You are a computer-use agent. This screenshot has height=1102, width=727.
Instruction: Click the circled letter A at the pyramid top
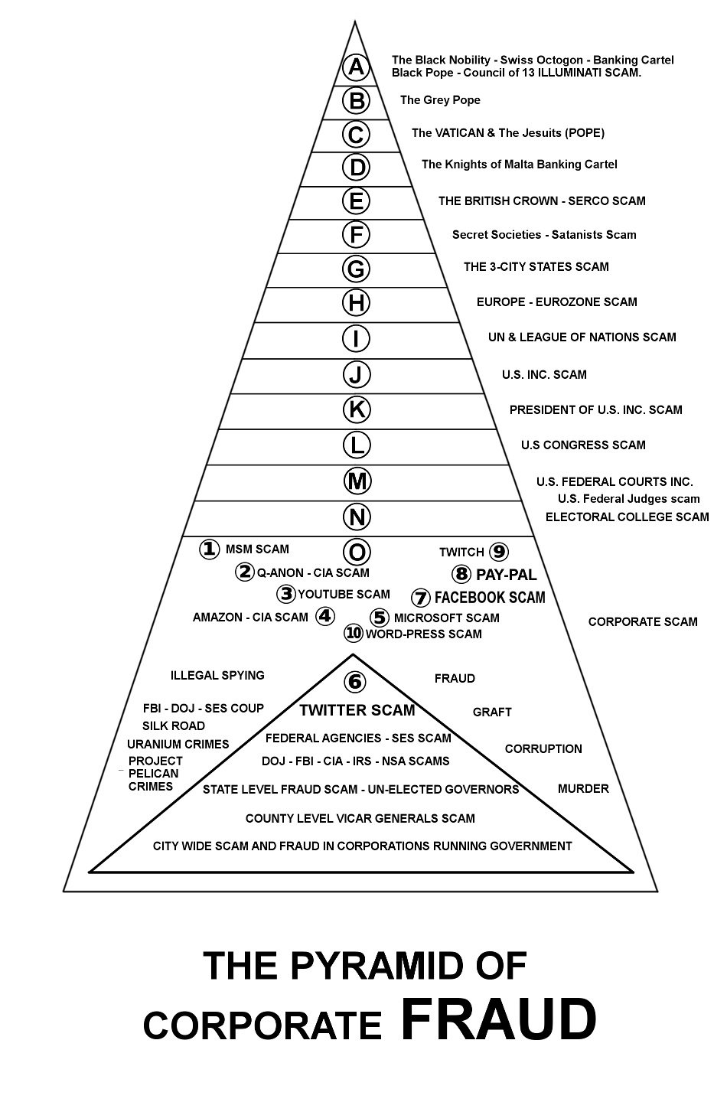pyautogui.click(x=356, y=67)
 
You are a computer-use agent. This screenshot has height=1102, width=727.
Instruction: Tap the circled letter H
pyautogui.click(x=356, y=303)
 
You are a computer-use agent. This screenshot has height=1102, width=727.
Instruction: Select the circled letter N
pyautogui.click(x=357, y=517)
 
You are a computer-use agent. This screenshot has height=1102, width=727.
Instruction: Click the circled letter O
pyautogui.click(x=357, y=552)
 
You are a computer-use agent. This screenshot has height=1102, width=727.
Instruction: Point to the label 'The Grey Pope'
pyautogui.click(x=440, y=100)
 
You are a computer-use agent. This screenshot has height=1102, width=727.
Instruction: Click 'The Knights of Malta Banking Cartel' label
pyautogui.click(x=519, y=165)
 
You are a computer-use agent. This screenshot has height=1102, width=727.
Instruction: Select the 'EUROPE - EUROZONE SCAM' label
pyautogui.click(x=556, y=302)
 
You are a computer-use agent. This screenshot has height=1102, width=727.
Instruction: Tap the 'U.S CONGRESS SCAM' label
pyautogui.click(x=583, y=445)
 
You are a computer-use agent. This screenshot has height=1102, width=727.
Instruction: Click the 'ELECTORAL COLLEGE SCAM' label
pyautogui.click(x=627, y=517)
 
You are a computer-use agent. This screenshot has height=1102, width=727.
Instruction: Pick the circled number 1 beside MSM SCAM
pyautogui.click(x=210, y=549)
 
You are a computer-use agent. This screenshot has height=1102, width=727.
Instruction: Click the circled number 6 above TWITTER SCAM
pyautogui.click(x=354, y=681)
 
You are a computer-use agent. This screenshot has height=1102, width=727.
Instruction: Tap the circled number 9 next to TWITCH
pyautogui.click(x=499, y=552)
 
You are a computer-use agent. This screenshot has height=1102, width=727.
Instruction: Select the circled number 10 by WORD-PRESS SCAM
pyautogui.click(x=353, y=633)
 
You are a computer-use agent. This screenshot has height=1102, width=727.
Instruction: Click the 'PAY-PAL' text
pyautogui.click(x=506, y=575)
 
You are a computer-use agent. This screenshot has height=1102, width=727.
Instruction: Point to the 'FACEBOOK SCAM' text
pyautogui.click(x=490, y=598)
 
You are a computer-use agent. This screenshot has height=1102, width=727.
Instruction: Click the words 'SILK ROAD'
pyautogui.click(x=174, y=726)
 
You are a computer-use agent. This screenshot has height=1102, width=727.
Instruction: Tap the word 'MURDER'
pyautogui.click(x=583, y=789)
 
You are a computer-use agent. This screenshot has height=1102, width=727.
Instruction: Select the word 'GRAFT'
pyautogui.click(x=492, y=712)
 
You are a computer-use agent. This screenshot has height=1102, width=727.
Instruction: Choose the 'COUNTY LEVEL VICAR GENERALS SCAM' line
pyautogui.click(x=360, y=819)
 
